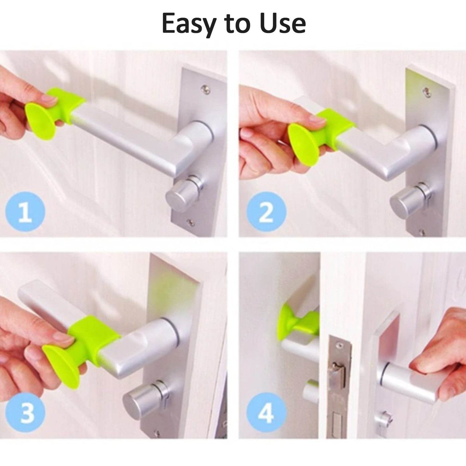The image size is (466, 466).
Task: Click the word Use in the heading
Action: pos(283,23)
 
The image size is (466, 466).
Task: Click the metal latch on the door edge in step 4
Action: pos(339,374)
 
